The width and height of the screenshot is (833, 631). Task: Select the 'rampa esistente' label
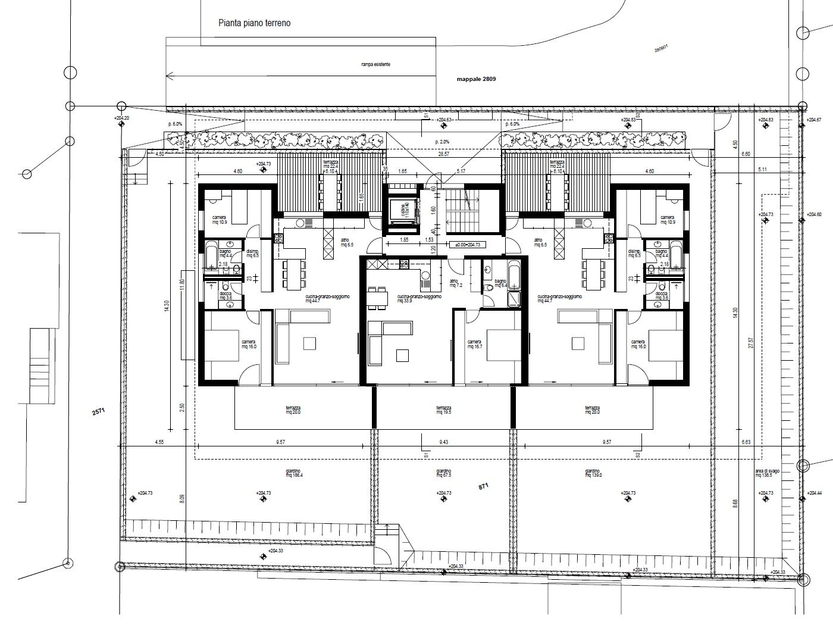(x=375, y=64)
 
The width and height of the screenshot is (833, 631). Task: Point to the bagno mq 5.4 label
(x=499, y=283)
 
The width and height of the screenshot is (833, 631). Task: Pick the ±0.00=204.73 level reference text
(x=467, y=245)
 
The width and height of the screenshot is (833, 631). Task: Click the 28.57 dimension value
(x=440, y=154)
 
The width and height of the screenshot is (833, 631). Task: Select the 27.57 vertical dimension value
(x=750, y=344)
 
